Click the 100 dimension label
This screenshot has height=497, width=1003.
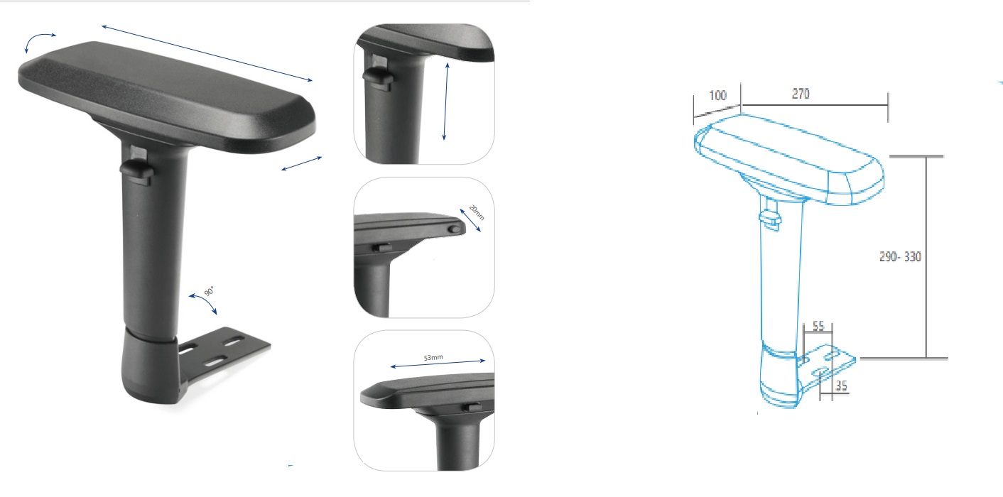pyautogui.click(x=717, y=95)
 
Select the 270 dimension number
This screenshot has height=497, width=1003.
pyautogui.click(x=801, y=94)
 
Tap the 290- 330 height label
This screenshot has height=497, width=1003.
pyautogui.click(x=901, y=256)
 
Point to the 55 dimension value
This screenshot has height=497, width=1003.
pyautogui.click(x=818, y=326)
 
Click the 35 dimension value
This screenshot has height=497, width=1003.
pyautogui.click(x=841, y=386)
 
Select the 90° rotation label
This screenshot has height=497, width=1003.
pyautogui.click(x=209, y=291)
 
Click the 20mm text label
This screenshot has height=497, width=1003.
pyautogui.click(x=477, y=212)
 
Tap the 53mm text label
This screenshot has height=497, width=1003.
pyautogui.click(x=433, y=357)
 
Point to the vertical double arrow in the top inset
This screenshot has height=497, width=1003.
pyautogui.click(x=445, y=102)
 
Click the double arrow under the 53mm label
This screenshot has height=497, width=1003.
pyautogui.click(x=438, y=364)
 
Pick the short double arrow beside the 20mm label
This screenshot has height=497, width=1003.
pyautogui.click(x=470, y=220)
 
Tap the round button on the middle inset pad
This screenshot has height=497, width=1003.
pyautogui.click(x=455, y=229)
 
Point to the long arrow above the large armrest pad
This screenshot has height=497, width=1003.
pyautogui.click(x=207, y=53)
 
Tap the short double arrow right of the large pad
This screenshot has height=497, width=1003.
pyautogui.click(x=302, y=163)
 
